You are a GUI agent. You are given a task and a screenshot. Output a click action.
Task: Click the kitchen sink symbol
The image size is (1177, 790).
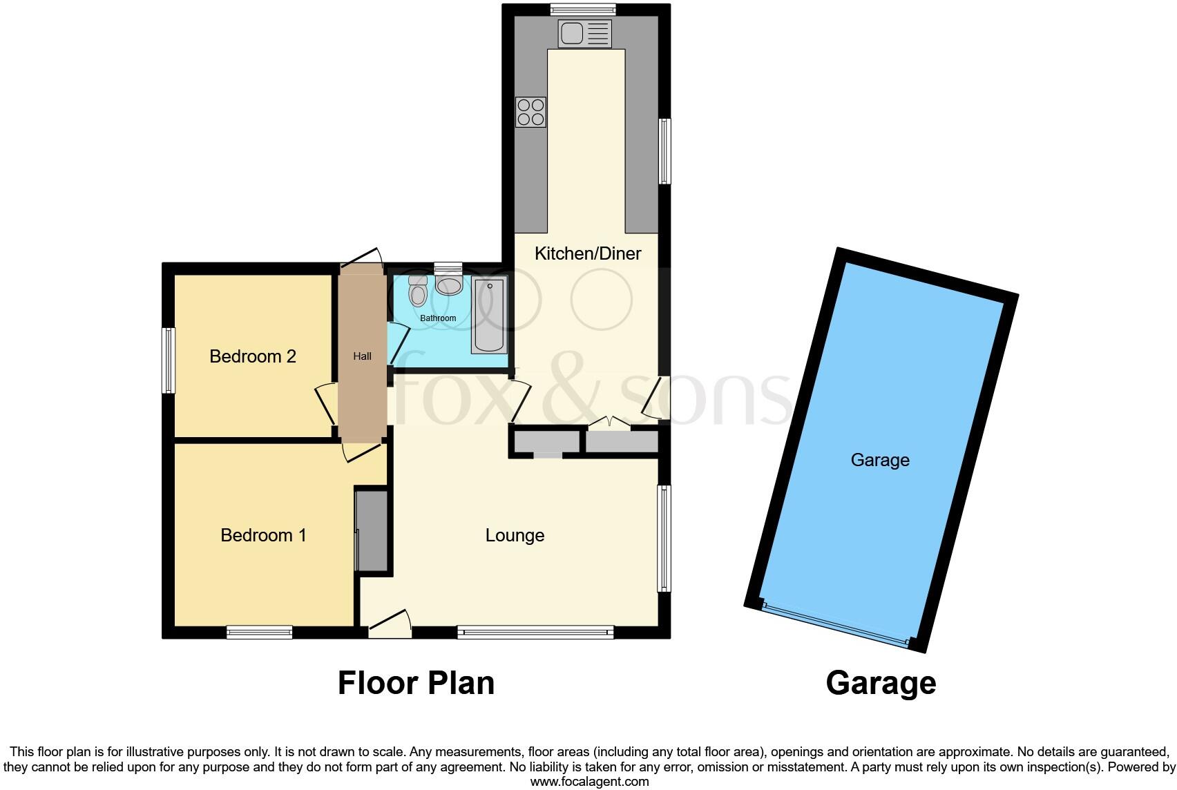586,34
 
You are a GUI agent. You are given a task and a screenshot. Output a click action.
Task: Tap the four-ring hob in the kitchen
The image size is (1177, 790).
530,113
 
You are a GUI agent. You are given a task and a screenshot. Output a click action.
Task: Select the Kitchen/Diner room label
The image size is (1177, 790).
588,253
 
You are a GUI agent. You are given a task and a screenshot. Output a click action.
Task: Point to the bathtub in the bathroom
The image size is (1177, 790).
490,315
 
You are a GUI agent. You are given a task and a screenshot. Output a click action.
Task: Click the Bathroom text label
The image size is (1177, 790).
439,318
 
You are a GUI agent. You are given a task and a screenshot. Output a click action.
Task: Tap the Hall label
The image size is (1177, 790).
362,356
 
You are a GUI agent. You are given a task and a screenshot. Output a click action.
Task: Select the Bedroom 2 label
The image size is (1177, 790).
253,356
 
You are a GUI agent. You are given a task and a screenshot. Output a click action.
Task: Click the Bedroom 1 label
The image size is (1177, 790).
263,535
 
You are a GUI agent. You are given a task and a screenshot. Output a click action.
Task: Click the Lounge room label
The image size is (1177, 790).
515,535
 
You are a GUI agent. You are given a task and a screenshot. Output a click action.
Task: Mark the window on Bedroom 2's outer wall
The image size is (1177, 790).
169,360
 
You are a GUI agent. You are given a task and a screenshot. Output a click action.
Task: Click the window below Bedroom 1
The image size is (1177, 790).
260,631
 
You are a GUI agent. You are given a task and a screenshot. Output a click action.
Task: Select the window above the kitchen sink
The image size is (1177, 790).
583,10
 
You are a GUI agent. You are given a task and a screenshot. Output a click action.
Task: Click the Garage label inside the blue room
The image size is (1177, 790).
879,460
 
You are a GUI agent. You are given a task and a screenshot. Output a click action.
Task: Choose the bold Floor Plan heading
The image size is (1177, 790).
416,683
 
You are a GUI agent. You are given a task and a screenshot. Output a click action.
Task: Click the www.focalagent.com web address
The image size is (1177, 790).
589,782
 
